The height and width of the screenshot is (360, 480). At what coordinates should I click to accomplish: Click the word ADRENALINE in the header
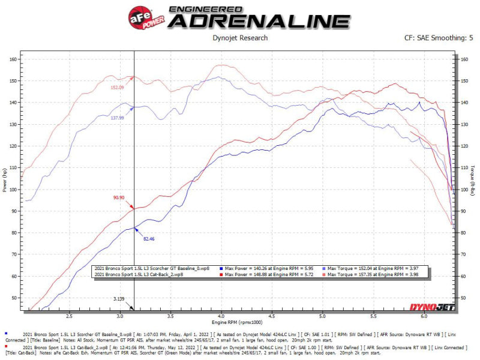click(x=259, y=20)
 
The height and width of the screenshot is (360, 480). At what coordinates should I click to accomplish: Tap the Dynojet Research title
click(x=240, y=38)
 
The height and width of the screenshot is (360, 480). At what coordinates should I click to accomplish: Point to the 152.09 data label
click(x=117, y=88)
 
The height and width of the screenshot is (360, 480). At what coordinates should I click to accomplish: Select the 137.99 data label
click(x=117, y=118)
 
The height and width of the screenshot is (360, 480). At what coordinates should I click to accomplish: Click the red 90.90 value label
click(x=118, y=197)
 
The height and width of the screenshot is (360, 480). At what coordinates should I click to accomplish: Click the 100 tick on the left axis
click(x=13, y=190)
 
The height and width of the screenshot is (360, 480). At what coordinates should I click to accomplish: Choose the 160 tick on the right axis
click(x=463, y=59)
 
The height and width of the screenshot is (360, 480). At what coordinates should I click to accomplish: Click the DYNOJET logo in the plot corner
click(x=433, y=307)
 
